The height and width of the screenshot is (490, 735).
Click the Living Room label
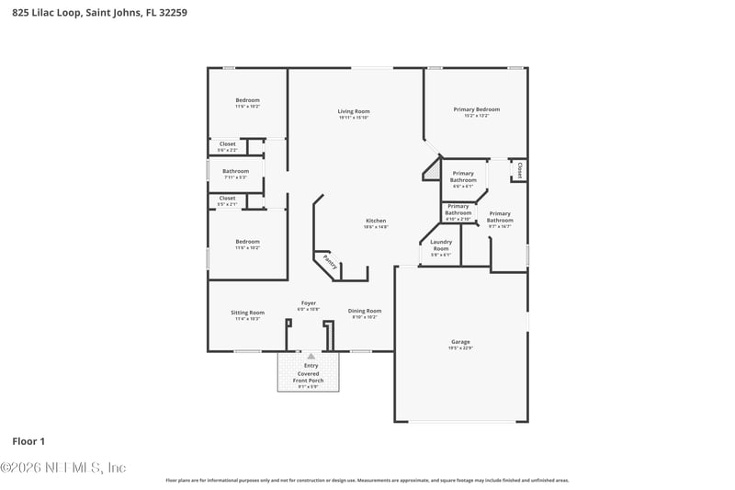click(353, 111)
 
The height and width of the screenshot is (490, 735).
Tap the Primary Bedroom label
click(476, 109)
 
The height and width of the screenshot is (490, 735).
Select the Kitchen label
click(376, 221)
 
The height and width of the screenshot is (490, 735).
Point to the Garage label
click(459, 342)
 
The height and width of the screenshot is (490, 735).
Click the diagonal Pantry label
click(329, 264)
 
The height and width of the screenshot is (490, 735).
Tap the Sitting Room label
click(247, 312)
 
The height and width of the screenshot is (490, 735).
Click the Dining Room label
click(365, 311)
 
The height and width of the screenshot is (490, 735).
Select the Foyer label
click(309, 303)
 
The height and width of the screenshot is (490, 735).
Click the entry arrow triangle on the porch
click(311, 356)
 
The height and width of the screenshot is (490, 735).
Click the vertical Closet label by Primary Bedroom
click(520, 170)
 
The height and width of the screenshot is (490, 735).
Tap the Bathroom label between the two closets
click(235, 171)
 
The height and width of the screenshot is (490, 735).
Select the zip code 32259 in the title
click(175, 13)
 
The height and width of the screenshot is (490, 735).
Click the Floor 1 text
click(28, 441)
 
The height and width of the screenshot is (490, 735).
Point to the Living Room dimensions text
click(353, 118)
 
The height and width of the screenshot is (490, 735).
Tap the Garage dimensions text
click(459, 348)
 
